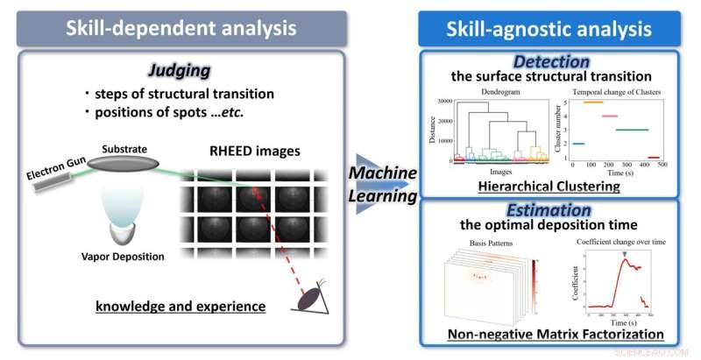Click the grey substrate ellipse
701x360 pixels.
(124, 166)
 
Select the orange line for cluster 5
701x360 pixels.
(593, 102)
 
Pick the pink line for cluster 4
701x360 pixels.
(607, 116)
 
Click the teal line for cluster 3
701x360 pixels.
(633, 130)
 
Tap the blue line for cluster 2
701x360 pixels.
(577, 144)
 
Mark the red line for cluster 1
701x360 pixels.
(654, 158)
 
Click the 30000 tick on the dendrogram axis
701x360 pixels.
(439, 102)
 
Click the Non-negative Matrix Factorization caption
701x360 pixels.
(555, 333)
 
